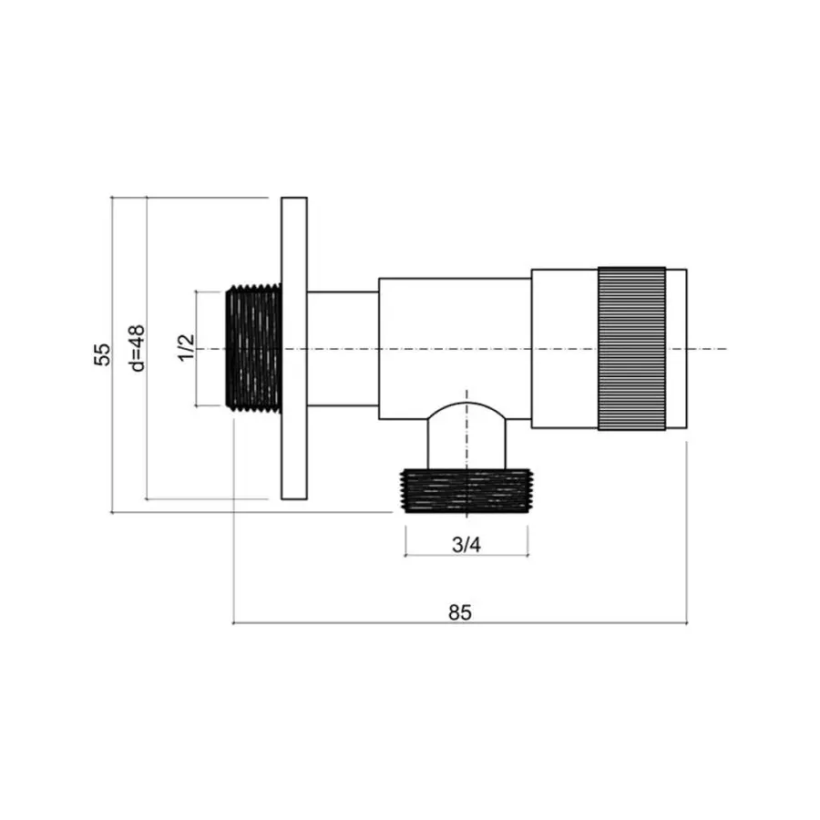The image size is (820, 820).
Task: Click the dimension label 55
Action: click(104, 354)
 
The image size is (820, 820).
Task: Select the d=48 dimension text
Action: click(138, 349)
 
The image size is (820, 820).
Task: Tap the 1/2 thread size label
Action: click(186, 348)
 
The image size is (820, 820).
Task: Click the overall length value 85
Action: click(460, 612)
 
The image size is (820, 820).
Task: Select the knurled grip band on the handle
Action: click(630, 349)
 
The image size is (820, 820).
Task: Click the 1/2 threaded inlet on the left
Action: click(253, 349)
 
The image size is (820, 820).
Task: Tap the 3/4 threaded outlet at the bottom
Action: click(466, 492)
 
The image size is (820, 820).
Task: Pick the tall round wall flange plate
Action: click(294, 349)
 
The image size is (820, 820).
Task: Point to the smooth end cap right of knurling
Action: click(676, 349)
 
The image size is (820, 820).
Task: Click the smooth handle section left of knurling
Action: click(564, 349)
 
